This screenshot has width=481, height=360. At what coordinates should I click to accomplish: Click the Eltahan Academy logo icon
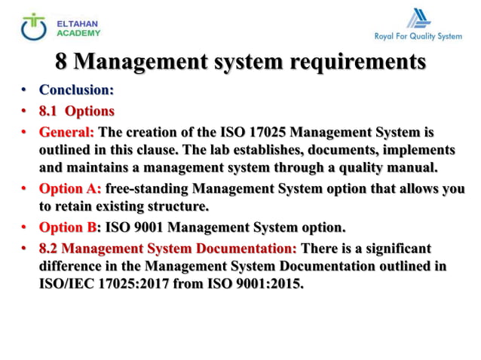(32, 26)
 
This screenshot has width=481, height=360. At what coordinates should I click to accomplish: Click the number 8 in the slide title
(64, 59)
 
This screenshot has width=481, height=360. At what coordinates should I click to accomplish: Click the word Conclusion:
(76, 90)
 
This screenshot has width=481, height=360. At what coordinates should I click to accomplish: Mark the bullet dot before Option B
(24, 227)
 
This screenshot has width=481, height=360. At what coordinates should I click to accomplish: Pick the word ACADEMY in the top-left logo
(78, 33)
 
